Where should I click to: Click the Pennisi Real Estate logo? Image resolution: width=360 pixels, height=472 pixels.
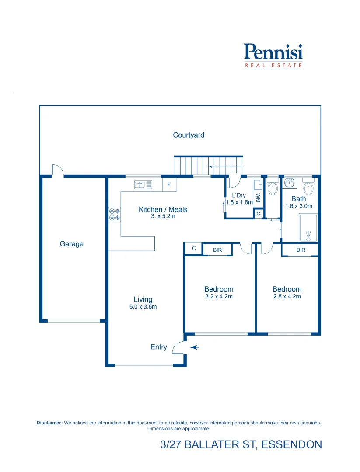[273, 56]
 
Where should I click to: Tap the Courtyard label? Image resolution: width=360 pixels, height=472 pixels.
[189, 135]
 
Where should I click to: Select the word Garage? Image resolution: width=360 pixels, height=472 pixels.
[72, 244]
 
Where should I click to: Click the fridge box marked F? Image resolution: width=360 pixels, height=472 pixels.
[169, 185]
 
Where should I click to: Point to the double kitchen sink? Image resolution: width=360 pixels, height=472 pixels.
[143, 184]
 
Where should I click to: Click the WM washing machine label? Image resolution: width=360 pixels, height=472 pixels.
[258, 198]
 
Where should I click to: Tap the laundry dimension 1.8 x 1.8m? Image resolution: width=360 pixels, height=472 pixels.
[239, 202]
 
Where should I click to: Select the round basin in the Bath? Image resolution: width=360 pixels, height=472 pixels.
[290, 182]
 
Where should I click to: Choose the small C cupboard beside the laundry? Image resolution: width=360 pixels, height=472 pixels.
[259, 214]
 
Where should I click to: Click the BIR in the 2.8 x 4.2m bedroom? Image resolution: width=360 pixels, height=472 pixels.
[301, 250]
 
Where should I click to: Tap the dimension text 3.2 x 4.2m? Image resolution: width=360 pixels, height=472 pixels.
[219, 296]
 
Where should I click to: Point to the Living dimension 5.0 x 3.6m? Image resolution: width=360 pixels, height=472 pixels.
[143, 307]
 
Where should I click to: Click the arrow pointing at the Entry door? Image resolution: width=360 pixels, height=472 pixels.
[195, 347]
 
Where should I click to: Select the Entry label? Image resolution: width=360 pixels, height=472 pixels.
[159, 347]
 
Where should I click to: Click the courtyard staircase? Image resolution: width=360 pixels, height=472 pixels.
[208, 166]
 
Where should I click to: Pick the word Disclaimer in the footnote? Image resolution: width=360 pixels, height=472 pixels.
[49, 423]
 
